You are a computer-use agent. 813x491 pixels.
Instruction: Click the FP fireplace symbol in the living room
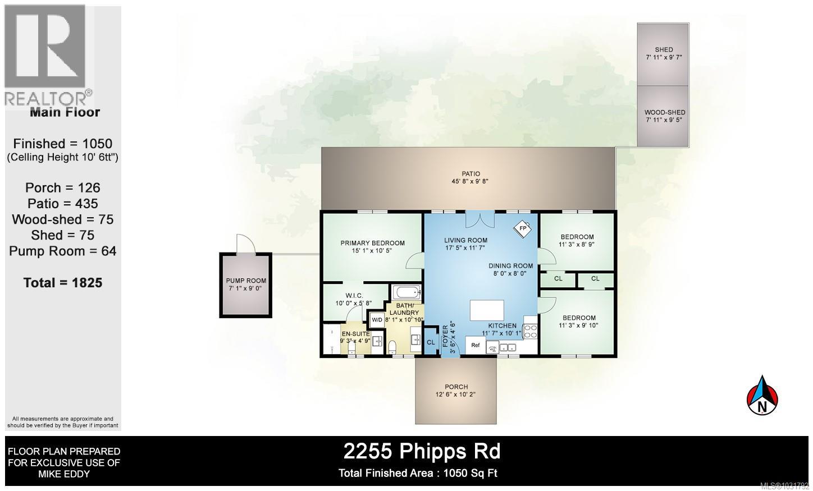523,228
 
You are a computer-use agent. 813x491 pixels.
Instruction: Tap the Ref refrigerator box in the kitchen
475,345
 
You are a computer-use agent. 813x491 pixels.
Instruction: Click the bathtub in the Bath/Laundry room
405,292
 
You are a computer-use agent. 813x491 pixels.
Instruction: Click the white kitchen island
487,310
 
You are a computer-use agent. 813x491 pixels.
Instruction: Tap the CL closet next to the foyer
431,342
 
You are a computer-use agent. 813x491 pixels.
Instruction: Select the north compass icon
762,396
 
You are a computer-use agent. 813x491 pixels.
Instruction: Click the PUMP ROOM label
246,281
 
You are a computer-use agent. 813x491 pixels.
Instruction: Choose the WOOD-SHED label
664,112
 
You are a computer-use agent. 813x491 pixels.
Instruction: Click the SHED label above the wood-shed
664,49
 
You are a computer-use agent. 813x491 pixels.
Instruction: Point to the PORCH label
456,387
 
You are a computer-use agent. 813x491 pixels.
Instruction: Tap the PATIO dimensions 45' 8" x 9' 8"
471,181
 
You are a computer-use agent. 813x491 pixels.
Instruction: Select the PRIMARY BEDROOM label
372,243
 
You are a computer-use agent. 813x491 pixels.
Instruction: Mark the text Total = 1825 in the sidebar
63,282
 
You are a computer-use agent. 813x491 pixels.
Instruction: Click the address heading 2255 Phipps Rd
422,451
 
